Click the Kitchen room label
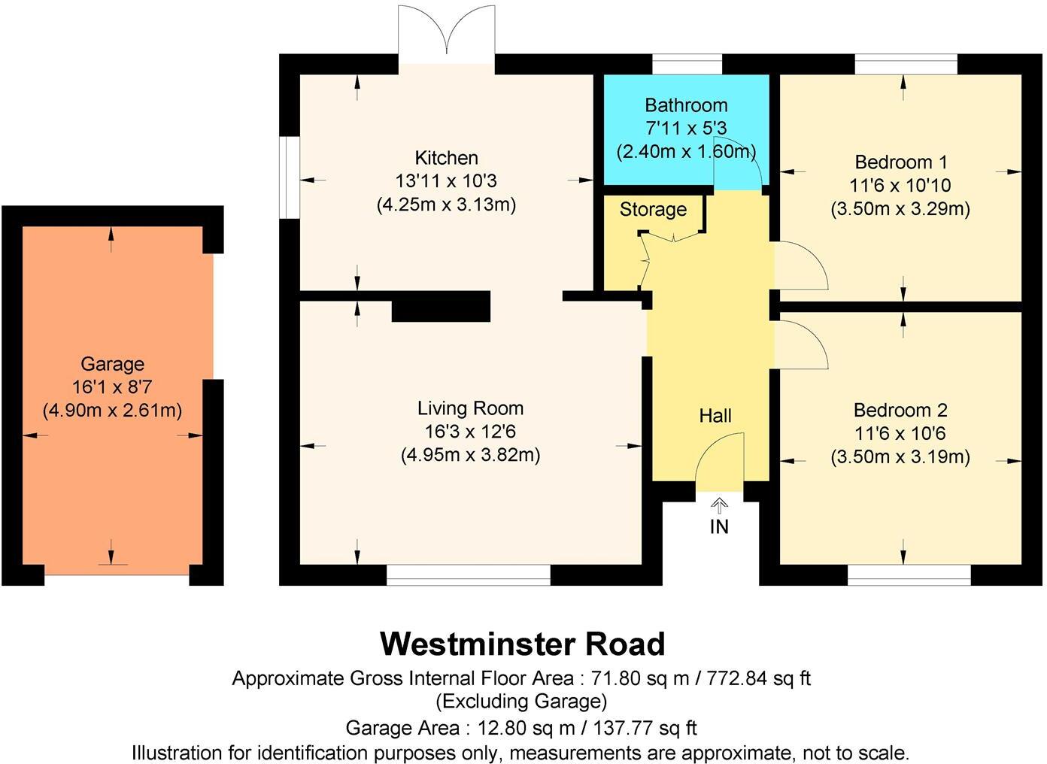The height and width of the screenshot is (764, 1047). click(446, 158)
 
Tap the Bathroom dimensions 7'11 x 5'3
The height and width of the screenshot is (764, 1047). click(685, 129)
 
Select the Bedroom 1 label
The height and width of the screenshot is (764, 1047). click(900, 162)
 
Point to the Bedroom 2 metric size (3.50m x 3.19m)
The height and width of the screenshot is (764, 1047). click(900, 456)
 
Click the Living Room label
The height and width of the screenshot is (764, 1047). click(470, 408)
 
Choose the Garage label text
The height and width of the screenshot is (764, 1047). click(112, 365)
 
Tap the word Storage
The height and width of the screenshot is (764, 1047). click(653, 210)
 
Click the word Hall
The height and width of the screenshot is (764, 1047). click(715, 416)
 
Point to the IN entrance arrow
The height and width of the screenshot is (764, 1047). click(719, 505)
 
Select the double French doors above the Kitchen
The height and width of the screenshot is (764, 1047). click(447, 34)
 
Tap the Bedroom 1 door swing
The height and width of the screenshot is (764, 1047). click(800, 267)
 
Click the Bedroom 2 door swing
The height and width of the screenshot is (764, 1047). click(800, 344)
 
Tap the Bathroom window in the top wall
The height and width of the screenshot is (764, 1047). click(686, 64)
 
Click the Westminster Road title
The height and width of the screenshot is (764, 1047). click(523, 644)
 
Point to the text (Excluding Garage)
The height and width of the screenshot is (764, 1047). click(521, 702)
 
